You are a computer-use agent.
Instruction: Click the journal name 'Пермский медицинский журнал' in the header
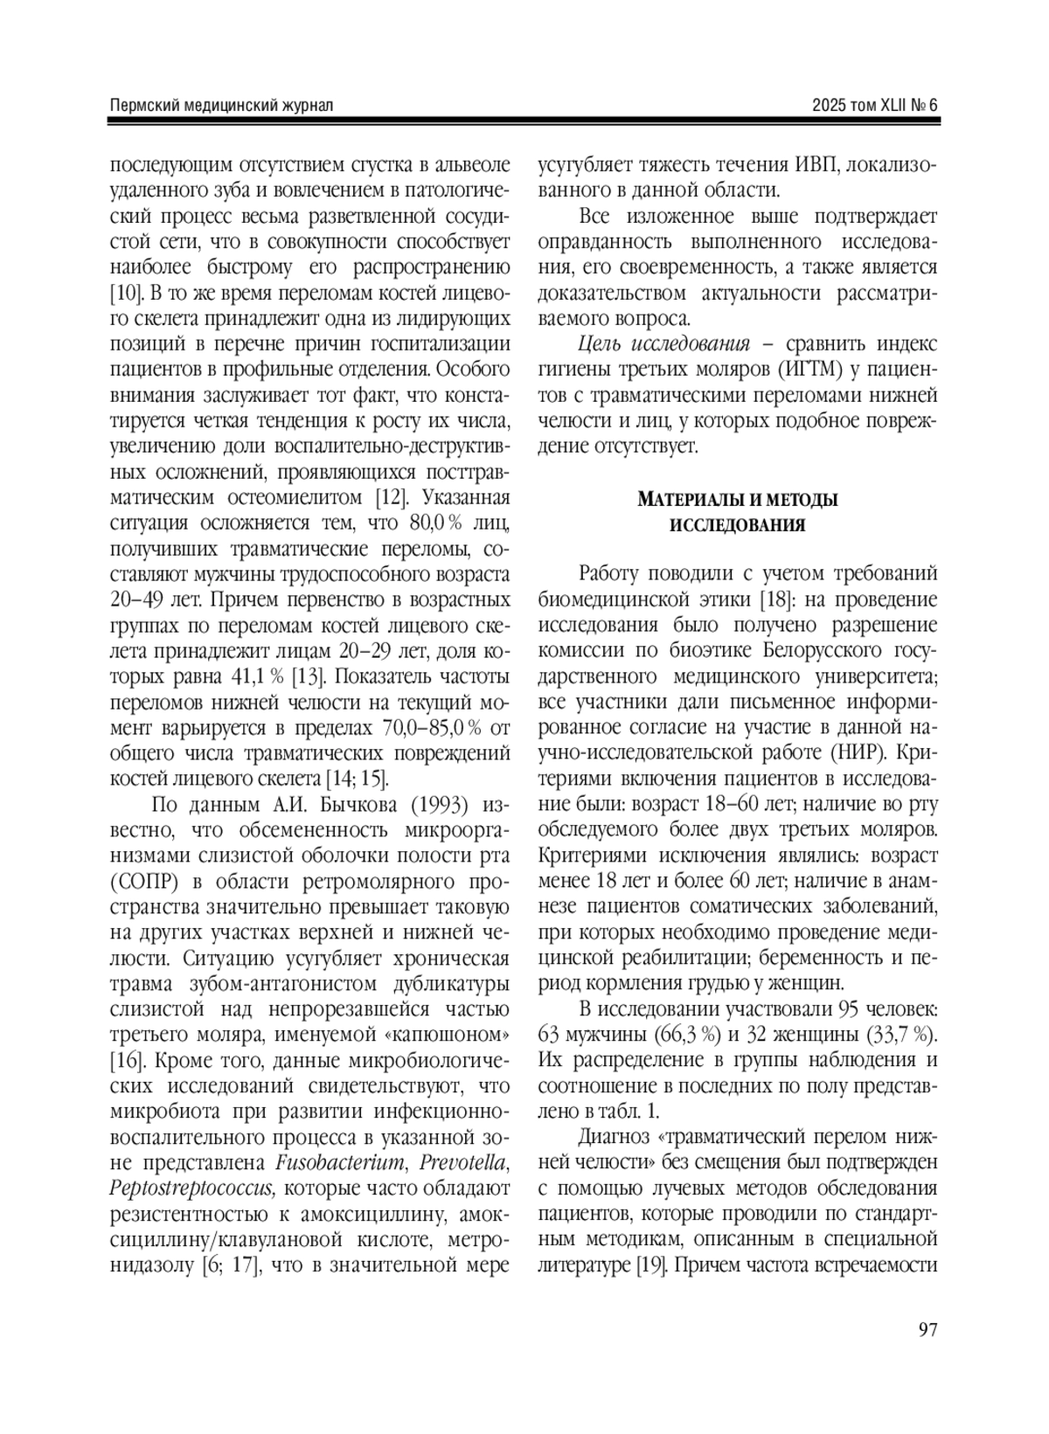(x=222, y=106)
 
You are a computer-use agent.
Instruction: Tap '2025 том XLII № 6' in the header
(x=874, y=106)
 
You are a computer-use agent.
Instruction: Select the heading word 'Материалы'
(x=693, y=501)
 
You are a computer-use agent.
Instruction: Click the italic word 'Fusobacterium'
(x=342, y=1163)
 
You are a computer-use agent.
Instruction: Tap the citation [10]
(x=125, y=288)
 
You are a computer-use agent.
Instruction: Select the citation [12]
(x=387, y=498)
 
